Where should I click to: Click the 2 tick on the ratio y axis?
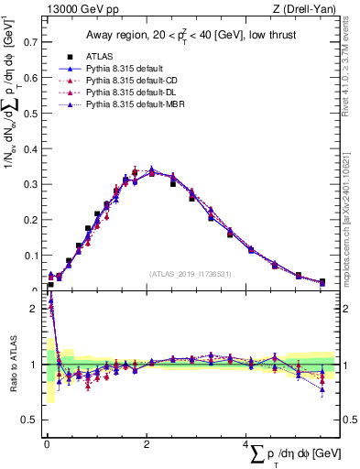point(34,308)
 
